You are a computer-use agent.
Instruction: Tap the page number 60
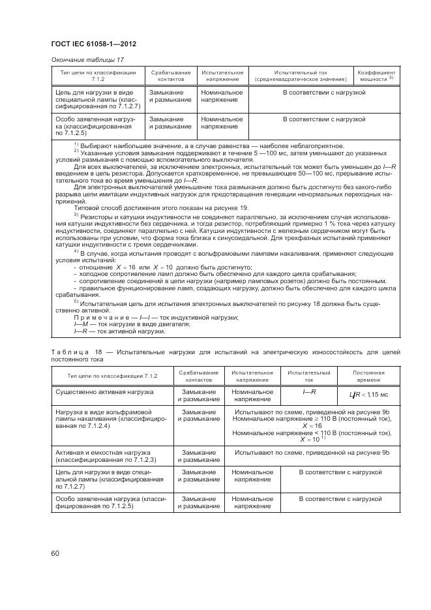pyautogui.click(x=55, y=554)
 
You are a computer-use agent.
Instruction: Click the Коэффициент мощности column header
pyautogui.click(x=377, y=76)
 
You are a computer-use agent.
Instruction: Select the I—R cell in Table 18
pyautogui.click(x=309, y=391)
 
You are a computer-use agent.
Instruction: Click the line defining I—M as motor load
pyautogui.click(x=123, y=324)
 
